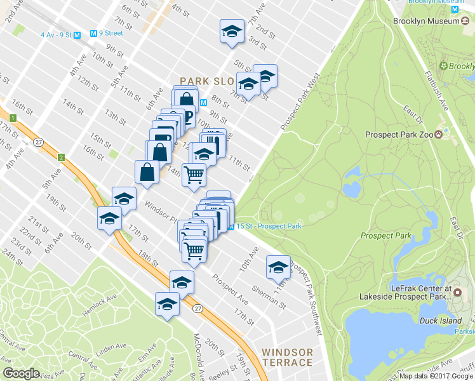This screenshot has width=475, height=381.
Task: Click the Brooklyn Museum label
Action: [427, 21]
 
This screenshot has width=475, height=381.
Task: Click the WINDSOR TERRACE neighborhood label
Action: [287, 358]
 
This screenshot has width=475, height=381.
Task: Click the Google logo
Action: [21, 373]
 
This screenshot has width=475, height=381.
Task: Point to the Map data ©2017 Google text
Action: [436, 376]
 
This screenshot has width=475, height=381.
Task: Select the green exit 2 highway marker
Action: [62, 157]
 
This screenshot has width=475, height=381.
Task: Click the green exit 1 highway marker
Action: [12, 118]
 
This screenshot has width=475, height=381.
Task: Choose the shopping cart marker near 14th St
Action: [194, 174]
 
